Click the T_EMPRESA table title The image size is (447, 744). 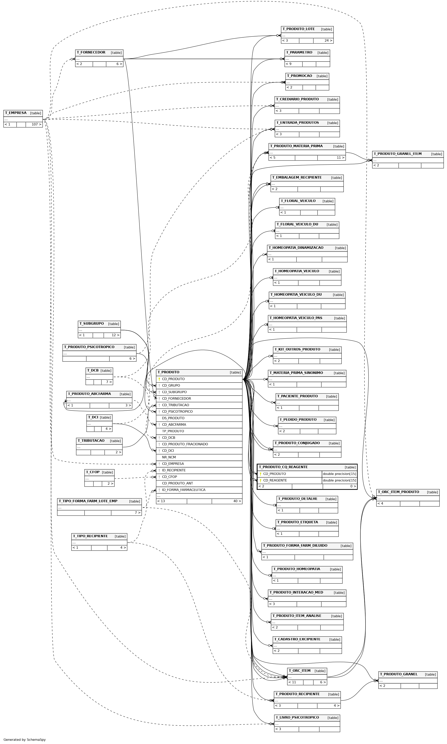(16, 113)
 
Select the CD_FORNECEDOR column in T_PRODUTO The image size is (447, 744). (176, 399)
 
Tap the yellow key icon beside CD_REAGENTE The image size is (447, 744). (260, 481)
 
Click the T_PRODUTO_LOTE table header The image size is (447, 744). (307, 29)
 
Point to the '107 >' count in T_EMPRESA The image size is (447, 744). (36, 124)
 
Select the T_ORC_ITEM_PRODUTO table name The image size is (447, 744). (398, 492)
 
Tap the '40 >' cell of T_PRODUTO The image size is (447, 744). (237, 501)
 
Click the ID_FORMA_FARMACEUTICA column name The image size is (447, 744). (184, 490)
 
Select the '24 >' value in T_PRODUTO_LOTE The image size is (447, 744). (328, 41)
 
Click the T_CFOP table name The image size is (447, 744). (93, 472)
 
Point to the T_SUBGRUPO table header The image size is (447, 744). (99, 324)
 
